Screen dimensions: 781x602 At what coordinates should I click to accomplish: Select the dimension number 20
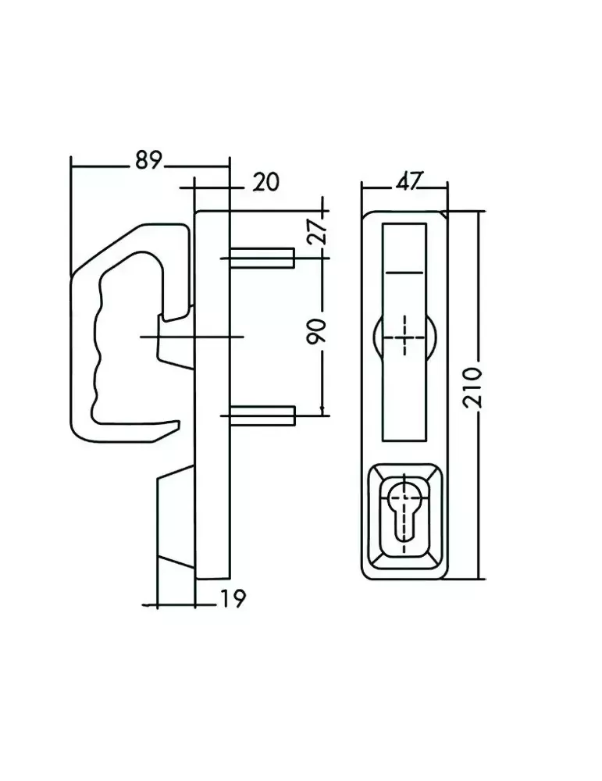[265, 182]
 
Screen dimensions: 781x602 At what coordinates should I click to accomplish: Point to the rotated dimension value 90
[316, 331]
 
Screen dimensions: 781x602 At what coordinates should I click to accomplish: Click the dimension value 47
[405, 182]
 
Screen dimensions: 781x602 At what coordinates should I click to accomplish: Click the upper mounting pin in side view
[262, 257]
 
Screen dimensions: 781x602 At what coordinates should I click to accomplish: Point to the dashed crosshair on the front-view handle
[404, 334]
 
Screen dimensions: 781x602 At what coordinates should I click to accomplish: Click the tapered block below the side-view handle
[176, 519]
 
